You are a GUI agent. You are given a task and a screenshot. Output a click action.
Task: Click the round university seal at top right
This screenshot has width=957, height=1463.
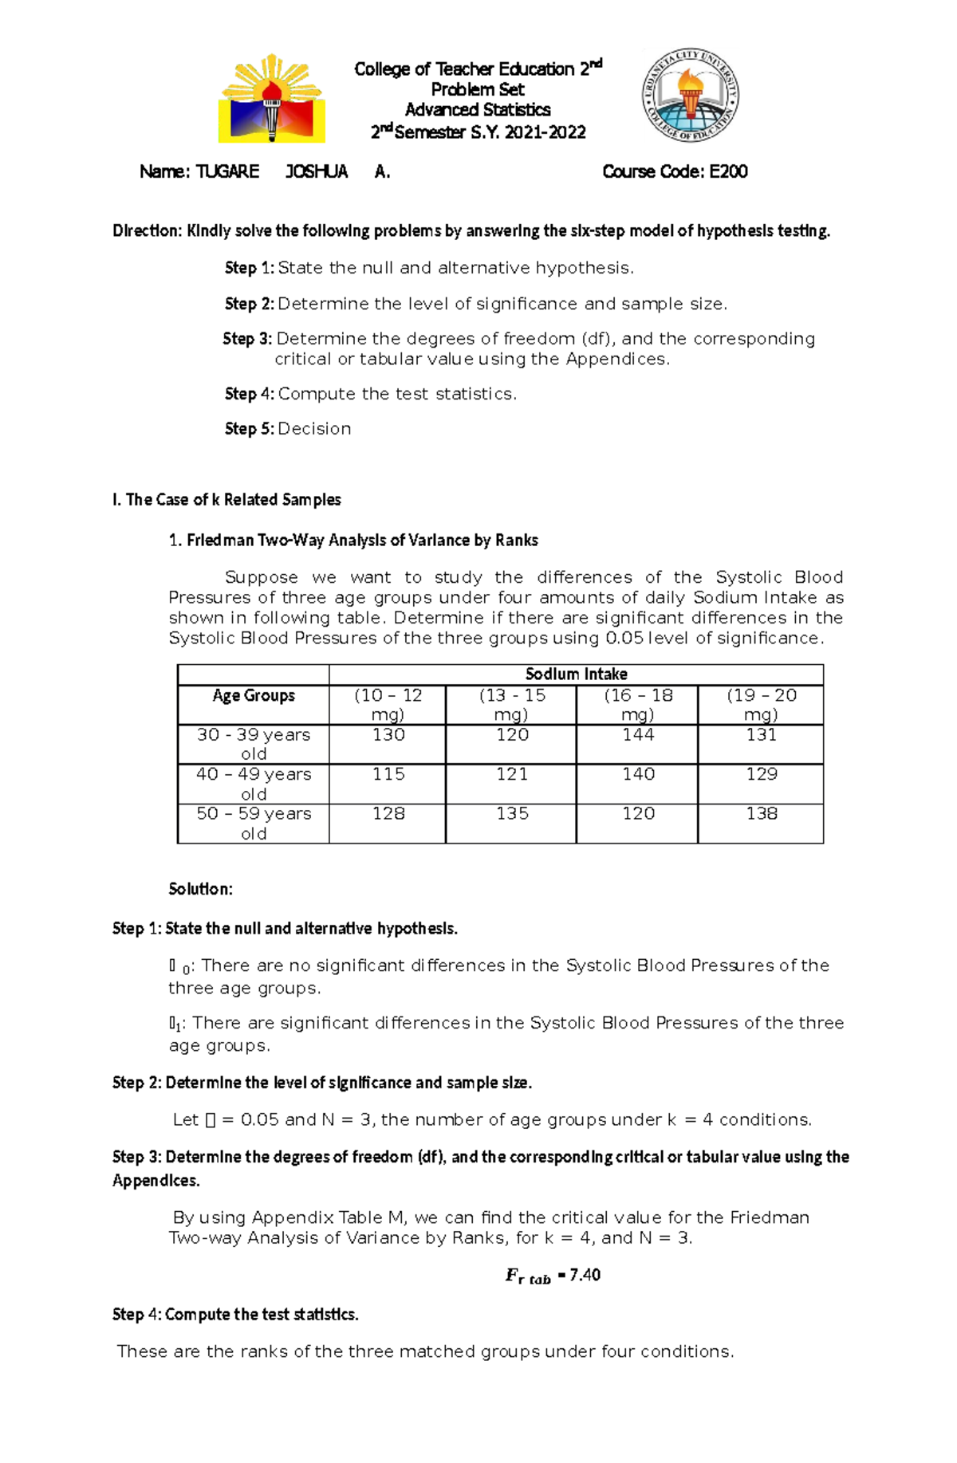pyautogui.click(x=691, y=94)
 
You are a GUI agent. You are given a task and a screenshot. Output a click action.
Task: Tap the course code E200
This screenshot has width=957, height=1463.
pyautogui.click(x=728, y=171)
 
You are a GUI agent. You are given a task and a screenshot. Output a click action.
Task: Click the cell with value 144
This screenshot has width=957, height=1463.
pyautogui.click(x=638, y=735)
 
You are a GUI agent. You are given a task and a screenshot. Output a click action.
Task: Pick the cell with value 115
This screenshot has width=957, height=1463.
pyautogui.click(x=388, y=774)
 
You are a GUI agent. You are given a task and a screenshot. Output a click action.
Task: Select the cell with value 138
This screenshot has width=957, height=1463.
pyautogui.click(x=761, y=814)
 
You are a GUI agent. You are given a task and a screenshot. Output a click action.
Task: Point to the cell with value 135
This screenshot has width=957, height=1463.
pyautogui.click(x=512, y=814)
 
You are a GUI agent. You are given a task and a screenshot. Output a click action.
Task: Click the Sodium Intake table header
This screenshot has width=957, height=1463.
pyautogui.click(x=576, y=674)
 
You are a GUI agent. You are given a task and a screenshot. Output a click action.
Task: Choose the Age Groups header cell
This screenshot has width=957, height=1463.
pyautogui.click(x=254, y=696)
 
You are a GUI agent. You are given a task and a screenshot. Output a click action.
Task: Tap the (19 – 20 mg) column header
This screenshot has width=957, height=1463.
pyautogui.click(x=761, y=704)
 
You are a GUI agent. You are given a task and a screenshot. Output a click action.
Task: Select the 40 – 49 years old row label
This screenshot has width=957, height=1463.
pyautogui.click(x=254, y=783)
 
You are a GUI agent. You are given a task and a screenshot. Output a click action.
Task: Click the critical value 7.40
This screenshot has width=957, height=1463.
pyautogui.click(x=585, y=1275)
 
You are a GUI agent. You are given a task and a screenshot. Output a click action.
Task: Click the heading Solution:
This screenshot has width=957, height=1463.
pyautogui.click(x=200, y=889)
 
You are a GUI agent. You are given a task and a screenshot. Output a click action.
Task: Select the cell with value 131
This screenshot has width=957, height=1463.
pyautogui.click(x=761, y=735)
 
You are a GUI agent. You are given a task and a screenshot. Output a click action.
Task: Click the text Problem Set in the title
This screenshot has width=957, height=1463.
pyautogui.click(x=477, y=89)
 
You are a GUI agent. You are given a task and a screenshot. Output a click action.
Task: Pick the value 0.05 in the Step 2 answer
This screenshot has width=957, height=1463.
pyautogui.click(x=259, y=1119)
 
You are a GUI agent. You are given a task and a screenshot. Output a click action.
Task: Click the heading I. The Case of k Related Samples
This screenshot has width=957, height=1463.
pyautogui.click(x=226, y=500)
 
